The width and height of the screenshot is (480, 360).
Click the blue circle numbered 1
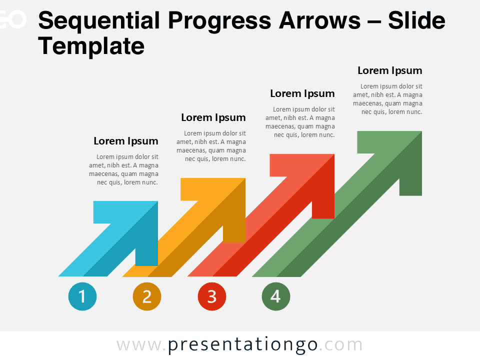82,296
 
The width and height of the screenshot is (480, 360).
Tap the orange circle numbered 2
147,296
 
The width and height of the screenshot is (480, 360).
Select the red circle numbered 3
212,296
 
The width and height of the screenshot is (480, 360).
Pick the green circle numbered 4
276,296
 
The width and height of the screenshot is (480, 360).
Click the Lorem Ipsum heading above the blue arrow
126,141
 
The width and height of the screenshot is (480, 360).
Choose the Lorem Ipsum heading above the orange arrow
213,117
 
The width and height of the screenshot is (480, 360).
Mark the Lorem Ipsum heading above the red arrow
302,93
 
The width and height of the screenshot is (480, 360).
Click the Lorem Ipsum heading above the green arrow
390,70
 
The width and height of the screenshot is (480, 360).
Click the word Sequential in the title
99,20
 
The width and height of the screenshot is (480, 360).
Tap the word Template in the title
91,46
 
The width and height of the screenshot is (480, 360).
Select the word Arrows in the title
320,20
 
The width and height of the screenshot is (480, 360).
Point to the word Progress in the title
219,21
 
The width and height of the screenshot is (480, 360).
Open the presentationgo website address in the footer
239,345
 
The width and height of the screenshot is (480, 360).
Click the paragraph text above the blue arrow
123,169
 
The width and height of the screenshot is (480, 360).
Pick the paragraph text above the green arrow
387,99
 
